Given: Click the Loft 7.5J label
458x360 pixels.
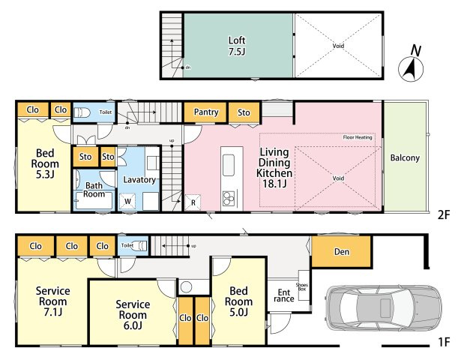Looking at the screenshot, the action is point(237,46).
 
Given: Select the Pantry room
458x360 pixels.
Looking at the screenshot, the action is point(205,112).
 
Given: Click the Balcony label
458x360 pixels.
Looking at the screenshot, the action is point(405,158).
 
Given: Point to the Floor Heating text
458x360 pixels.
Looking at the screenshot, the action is point(358,137).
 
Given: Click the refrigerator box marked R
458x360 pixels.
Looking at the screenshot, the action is point(193,202).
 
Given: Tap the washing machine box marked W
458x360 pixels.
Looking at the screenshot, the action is point(127,201).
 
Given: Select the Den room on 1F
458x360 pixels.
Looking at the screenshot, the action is point(342,251).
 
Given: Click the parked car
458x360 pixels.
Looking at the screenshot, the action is point(383,308).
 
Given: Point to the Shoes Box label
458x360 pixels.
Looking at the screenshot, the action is point(302,286).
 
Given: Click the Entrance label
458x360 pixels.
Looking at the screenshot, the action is point(283,295).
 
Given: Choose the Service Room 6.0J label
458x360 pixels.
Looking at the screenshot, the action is point(133,315).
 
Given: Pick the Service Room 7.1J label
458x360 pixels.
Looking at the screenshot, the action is point(53,301).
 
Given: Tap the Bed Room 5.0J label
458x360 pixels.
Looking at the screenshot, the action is point(238,301).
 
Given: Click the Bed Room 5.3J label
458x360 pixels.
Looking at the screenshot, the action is point(45,163).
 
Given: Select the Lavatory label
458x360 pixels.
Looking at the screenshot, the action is point(139,180).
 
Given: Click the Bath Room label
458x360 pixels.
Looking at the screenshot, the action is point(94,190).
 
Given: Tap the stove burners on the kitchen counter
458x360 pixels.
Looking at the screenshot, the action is point(229,198).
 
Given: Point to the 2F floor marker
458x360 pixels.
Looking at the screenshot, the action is point(444,215).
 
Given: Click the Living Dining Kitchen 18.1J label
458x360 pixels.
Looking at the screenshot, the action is point(274,168).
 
